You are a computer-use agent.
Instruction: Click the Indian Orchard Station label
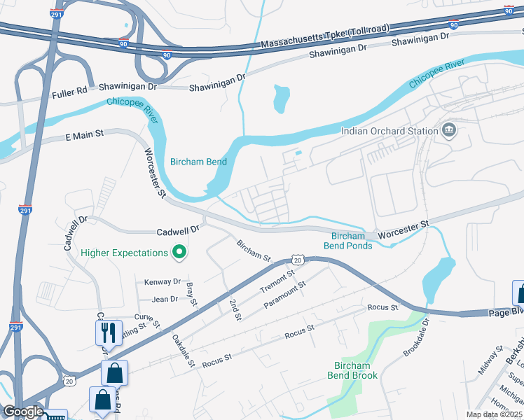388,131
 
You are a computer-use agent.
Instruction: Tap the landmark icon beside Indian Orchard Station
448,130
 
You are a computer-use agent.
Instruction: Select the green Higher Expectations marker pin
179,252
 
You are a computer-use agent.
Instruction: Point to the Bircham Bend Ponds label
347,241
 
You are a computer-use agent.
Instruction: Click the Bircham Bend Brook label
352,370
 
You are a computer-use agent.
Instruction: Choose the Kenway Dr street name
163,282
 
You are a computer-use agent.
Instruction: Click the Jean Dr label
165,299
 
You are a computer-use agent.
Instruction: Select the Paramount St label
285,295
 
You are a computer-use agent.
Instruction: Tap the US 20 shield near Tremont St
298,260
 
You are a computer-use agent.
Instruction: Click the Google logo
23,411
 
